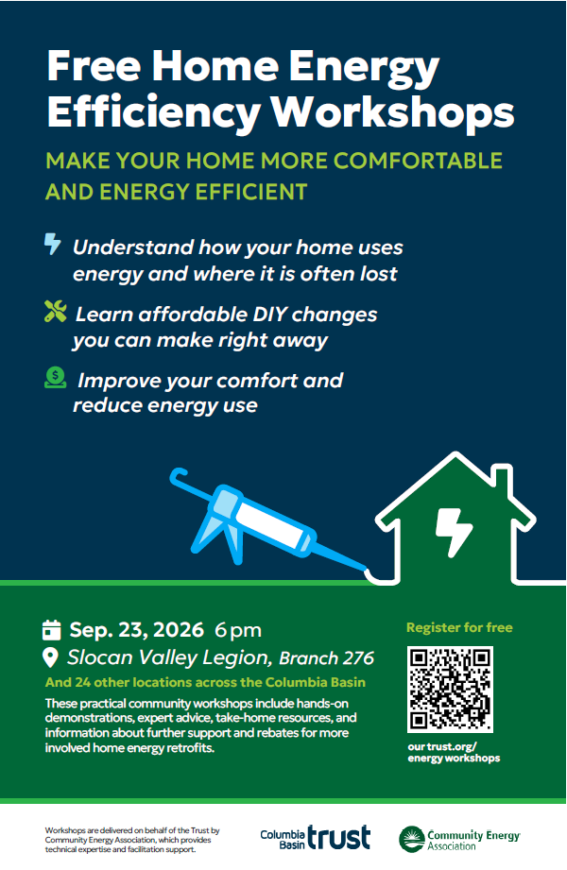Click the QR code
click(450, 689)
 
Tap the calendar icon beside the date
click(51, 630)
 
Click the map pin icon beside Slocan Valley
click(50, 657)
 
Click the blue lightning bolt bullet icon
click(52, 244)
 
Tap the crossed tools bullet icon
click(55, 312)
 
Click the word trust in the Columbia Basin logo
click(338, 837)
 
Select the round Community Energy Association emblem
click(412, 839)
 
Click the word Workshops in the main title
click(392, 113)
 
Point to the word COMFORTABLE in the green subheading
click(418, 161)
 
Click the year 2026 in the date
click(179, 630)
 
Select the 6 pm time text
click(238, 630)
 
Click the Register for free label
click(459, 627)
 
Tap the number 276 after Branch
click(358, 658)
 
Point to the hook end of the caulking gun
click(178, 476)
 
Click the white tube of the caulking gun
click(273, 525)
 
